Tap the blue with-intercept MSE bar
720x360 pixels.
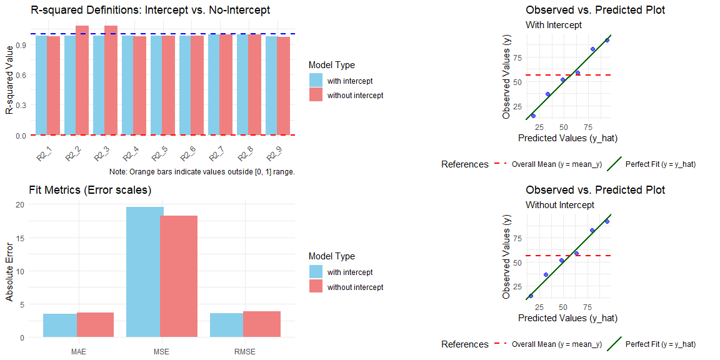[145, 272]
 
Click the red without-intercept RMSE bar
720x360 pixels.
[262, 324]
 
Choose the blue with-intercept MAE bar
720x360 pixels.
[60, 325]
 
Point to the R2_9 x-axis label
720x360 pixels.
[272, 154]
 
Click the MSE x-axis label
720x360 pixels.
[162, 352]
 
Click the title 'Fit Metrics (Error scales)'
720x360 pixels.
[90, 190]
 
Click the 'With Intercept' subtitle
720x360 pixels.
[554, 25]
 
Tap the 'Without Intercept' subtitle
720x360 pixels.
[560, 205]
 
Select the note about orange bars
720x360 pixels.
[201, 172]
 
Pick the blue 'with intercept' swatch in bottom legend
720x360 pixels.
[316, 272]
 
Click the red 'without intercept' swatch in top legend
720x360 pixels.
[316, 95]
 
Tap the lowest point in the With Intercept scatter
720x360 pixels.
[533, 116]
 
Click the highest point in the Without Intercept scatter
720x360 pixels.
[607, 221]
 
